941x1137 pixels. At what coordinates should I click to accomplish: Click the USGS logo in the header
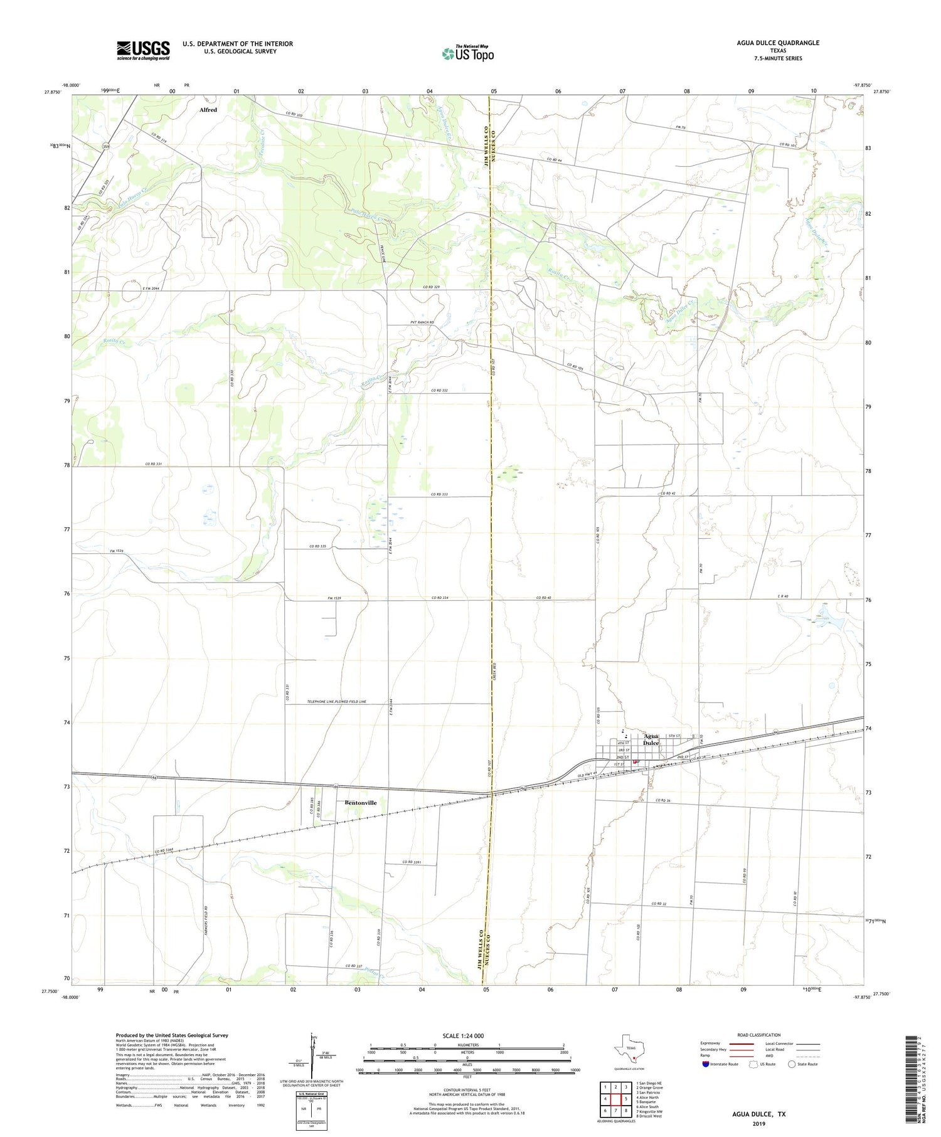(143, 50)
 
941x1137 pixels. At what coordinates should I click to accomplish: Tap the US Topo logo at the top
(468, 53)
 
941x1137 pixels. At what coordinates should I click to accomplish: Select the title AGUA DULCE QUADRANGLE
(778, 43)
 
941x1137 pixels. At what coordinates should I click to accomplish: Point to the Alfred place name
(208, 110)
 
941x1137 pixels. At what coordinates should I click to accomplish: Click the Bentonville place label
(360, 802)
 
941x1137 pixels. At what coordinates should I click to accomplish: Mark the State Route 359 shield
(106, 146)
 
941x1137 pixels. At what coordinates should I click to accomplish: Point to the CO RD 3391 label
(411, 862)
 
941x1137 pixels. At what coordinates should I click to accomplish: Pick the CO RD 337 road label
(355, 965)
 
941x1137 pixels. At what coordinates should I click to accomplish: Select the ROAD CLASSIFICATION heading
(758, 1035)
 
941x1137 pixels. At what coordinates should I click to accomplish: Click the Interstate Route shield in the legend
(705, 1064)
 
